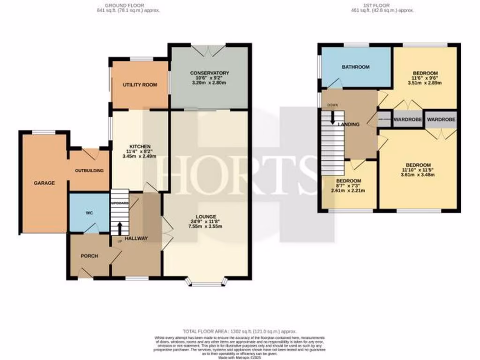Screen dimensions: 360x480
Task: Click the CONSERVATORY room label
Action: point(210,73)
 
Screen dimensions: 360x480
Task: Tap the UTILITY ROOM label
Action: point(140,85)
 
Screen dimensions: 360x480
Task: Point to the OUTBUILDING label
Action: point(89,170)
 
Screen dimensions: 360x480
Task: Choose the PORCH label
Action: point(89,255)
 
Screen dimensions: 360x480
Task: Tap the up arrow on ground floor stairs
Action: point(120,228)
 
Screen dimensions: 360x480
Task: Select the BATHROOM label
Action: point(355,67)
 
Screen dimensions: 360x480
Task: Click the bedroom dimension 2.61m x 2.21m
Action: point(348,191)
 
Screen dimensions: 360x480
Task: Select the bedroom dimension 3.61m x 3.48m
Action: point(418,175)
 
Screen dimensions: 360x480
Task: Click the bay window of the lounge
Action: point(206,282)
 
